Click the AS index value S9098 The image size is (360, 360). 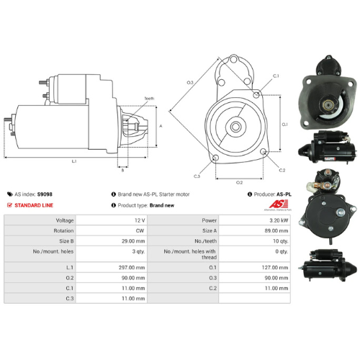(45, 194)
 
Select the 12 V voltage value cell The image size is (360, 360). (139, 220)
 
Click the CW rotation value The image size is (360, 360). (140, 231)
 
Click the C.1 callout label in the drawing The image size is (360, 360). (276, 75)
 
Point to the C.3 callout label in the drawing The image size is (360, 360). (197, 176)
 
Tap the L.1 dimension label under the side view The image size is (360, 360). (74, 162)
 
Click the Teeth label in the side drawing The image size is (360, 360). (149, 98)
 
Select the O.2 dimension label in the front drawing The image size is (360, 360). (239, 182)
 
